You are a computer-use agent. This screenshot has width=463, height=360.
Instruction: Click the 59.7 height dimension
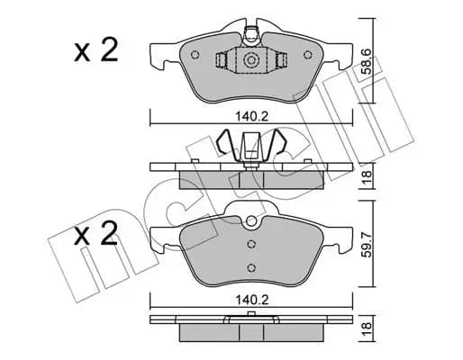pyautogui.click(x=367, y=244)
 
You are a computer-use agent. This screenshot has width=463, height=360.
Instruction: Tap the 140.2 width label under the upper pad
pyautogui.click(x=251, y=116)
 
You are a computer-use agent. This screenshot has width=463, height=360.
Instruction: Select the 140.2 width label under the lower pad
pyautogui.click(x=251, y=300)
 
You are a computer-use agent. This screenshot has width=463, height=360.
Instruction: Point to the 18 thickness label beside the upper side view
pyautogui.click(x=367, y=177)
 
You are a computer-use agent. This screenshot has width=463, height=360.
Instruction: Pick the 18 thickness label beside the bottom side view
pyautogui.click(x=367, y=328)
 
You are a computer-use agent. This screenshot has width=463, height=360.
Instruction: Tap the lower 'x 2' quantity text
pyautogui.click(x=96, y=233)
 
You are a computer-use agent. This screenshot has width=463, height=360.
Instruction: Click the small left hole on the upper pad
pyautogui.click(x=195, y=55)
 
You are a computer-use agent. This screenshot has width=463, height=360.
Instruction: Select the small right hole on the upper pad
pyautogui.click(x=308, y=55)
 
